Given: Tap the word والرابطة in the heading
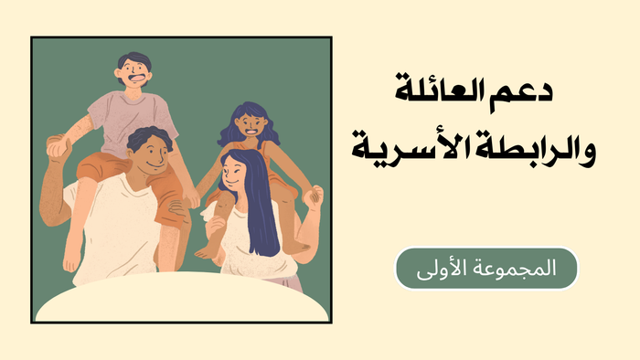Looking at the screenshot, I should tap(539, 147).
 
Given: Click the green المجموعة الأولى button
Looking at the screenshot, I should tap(485, 268).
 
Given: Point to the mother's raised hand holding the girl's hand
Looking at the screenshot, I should tap(314, 195).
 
